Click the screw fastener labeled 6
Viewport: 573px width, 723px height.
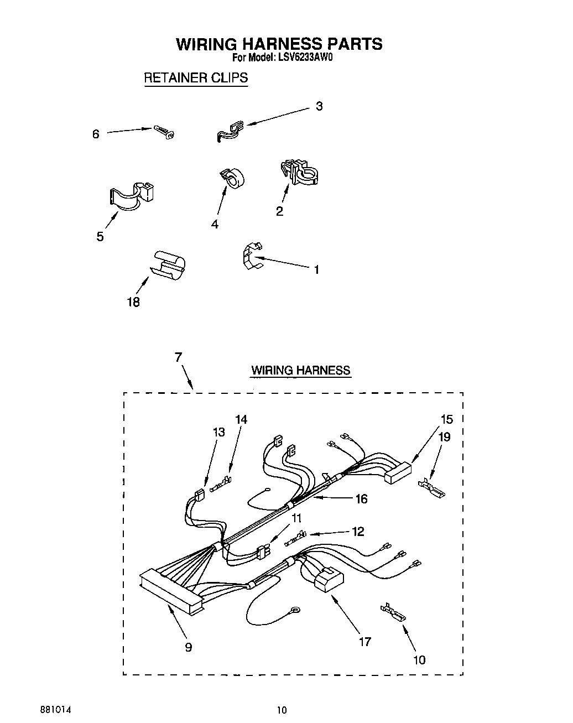point(165,132)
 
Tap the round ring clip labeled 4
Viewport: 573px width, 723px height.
point(233,177)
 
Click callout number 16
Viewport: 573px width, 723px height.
point(361,499)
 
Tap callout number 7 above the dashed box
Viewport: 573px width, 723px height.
point(178,357)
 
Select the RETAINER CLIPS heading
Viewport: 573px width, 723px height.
point(195,77)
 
